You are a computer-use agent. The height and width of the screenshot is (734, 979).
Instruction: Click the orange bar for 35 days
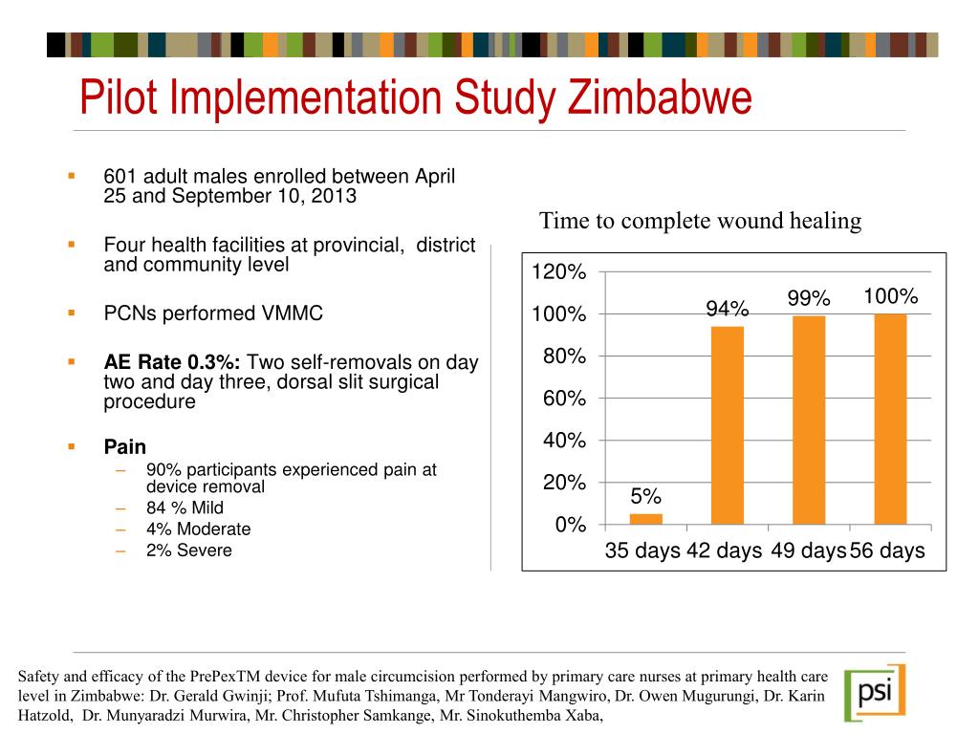[645, 519]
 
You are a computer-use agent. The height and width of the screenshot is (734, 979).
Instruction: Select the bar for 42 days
[727, 425]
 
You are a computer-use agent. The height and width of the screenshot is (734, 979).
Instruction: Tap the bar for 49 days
[809, 420]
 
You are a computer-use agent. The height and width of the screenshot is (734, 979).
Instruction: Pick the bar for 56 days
[890, 419]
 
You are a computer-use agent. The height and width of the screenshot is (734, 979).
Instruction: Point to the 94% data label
[727, 309]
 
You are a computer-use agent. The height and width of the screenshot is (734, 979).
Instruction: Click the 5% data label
[645, 497]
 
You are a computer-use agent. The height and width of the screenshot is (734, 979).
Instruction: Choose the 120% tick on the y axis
[558, 273]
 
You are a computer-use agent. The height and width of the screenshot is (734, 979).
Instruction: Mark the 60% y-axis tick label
[564, 399]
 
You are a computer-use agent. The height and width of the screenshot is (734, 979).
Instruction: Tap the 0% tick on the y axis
[571, 525]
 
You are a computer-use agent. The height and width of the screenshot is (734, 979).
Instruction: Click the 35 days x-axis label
[642, 551]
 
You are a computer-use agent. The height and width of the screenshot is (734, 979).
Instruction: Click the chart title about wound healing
[700, 222]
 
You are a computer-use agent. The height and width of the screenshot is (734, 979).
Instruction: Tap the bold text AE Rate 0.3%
[173, 362]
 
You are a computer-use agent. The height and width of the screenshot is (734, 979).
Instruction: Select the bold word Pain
[125, 446]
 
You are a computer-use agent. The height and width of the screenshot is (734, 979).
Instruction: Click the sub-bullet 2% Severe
[188, 550]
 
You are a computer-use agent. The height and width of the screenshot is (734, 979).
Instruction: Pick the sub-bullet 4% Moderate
[198, 529]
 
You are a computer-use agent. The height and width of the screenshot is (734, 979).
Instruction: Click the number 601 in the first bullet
[120, 177]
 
